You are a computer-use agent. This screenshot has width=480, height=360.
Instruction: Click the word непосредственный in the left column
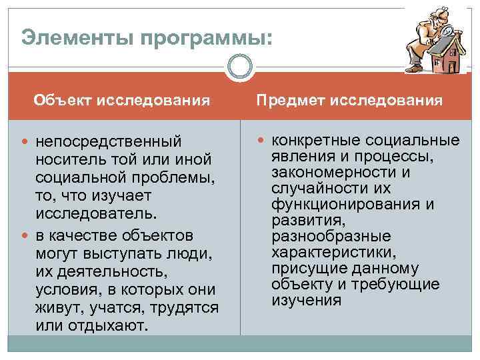(109, 142)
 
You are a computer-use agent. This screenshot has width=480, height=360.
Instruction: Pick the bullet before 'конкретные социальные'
(263, 140)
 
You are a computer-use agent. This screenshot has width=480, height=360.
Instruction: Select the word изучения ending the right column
(306, 301)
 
